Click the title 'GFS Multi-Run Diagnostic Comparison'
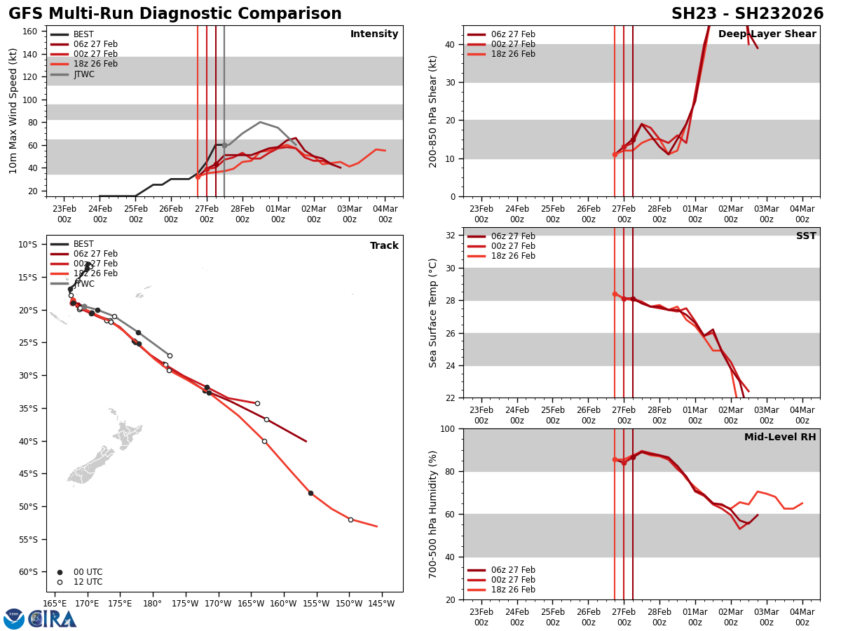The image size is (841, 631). point(175,14)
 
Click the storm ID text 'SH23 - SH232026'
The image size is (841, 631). point(747,14)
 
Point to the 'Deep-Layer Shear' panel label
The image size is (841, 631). point(767,34)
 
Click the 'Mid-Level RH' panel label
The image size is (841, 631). point(780,437)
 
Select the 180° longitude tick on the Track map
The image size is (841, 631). point(153,603)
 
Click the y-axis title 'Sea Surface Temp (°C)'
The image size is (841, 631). point(434,313)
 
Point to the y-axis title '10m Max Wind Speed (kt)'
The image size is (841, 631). point(13,111)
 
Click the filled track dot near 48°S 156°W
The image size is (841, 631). point(310,493)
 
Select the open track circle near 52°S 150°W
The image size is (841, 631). point(350,520)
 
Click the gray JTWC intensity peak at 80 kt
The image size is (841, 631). point(260,122)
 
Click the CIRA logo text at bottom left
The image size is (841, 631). point(53,618)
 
